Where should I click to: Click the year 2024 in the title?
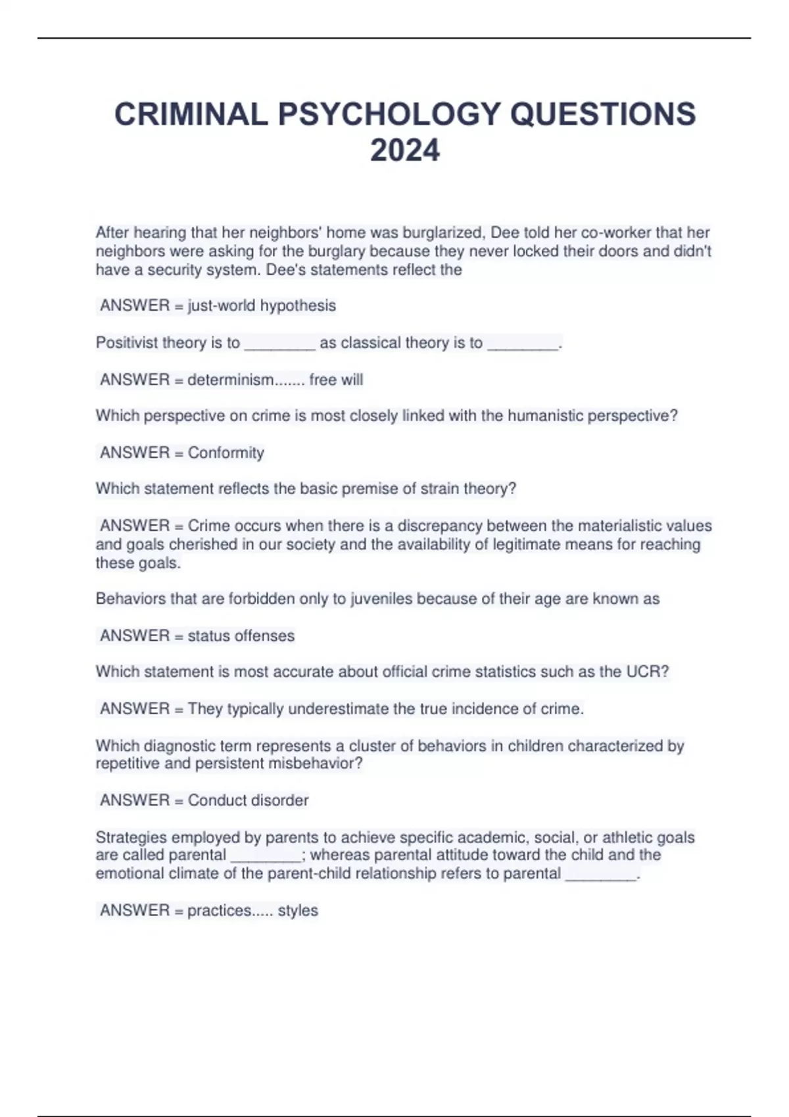(x=404, y=150)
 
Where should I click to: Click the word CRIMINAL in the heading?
(x=191, y=114)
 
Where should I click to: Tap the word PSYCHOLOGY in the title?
(x=389, y=114)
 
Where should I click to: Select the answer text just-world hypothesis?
(x=262, y=306)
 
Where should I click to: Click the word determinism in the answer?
(x=230, y=380)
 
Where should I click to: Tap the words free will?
(x=336, y=380)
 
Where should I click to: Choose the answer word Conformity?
(x=226, y=453)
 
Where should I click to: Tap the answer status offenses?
(x=241, y=636)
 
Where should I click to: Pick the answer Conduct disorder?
(x=248, y=800)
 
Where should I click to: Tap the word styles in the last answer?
(x=298, y=911)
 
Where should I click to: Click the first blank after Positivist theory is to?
(x=279, y=344)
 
